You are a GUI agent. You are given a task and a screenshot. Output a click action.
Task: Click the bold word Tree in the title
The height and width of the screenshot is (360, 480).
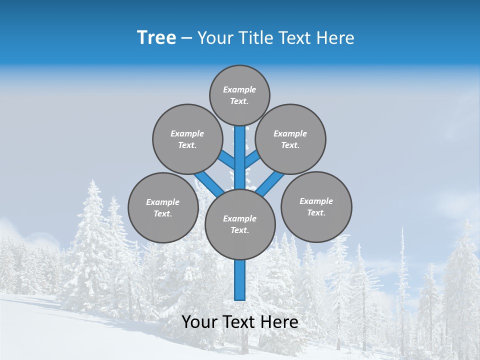coord(156,38)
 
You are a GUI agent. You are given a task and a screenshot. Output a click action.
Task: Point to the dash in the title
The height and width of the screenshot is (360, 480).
coord(186,38)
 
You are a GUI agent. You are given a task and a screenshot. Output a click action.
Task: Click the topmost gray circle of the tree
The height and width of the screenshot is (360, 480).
coord(239,95)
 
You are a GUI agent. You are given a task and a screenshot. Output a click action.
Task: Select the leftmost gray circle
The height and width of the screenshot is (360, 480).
coord(163,207)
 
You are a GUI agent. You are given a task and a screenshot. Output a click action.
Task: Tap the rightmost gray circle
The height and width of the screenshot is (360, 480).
coord(316,206)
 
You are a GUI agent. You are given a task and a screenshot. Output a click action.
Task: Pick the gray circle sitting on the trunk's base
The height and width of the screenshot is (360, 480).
coord(240,224)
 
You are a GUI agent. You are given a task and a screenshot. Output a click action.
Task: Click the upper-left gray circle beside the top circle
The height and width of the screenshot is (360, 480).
coord(187,139)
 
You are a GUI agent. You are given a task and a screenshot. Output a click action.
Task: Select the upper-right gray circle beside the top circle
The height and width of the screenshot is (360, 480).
coord(290,139)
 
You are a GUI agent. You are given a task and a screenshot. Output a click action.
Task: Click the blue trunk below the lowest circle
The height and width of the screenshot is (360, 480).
coord(240,280)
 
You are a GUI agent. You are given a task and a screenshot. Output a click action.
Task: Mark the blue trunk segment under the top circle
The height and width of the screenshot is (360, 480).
coord(240,150)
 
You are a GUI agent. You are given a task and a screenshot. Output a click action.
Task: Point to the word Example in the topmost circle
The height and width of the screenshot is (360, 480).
coord(239,89)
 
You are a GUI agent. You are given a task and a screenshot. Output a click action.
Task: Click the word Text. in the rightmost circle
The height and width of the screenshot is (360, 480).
coord(316,212)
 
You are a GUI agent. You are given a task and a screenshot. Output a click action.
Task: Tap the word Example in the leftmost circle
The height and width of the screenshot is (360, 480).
coord(162,202)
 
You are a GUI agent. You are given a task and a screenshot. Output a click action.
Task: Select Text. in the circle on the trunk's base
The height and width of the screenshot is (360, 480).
coord(239,230)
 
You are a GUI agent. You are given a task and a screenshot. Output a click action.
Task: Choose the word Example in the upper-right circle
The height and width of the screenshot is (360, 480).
coord(290,133)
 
